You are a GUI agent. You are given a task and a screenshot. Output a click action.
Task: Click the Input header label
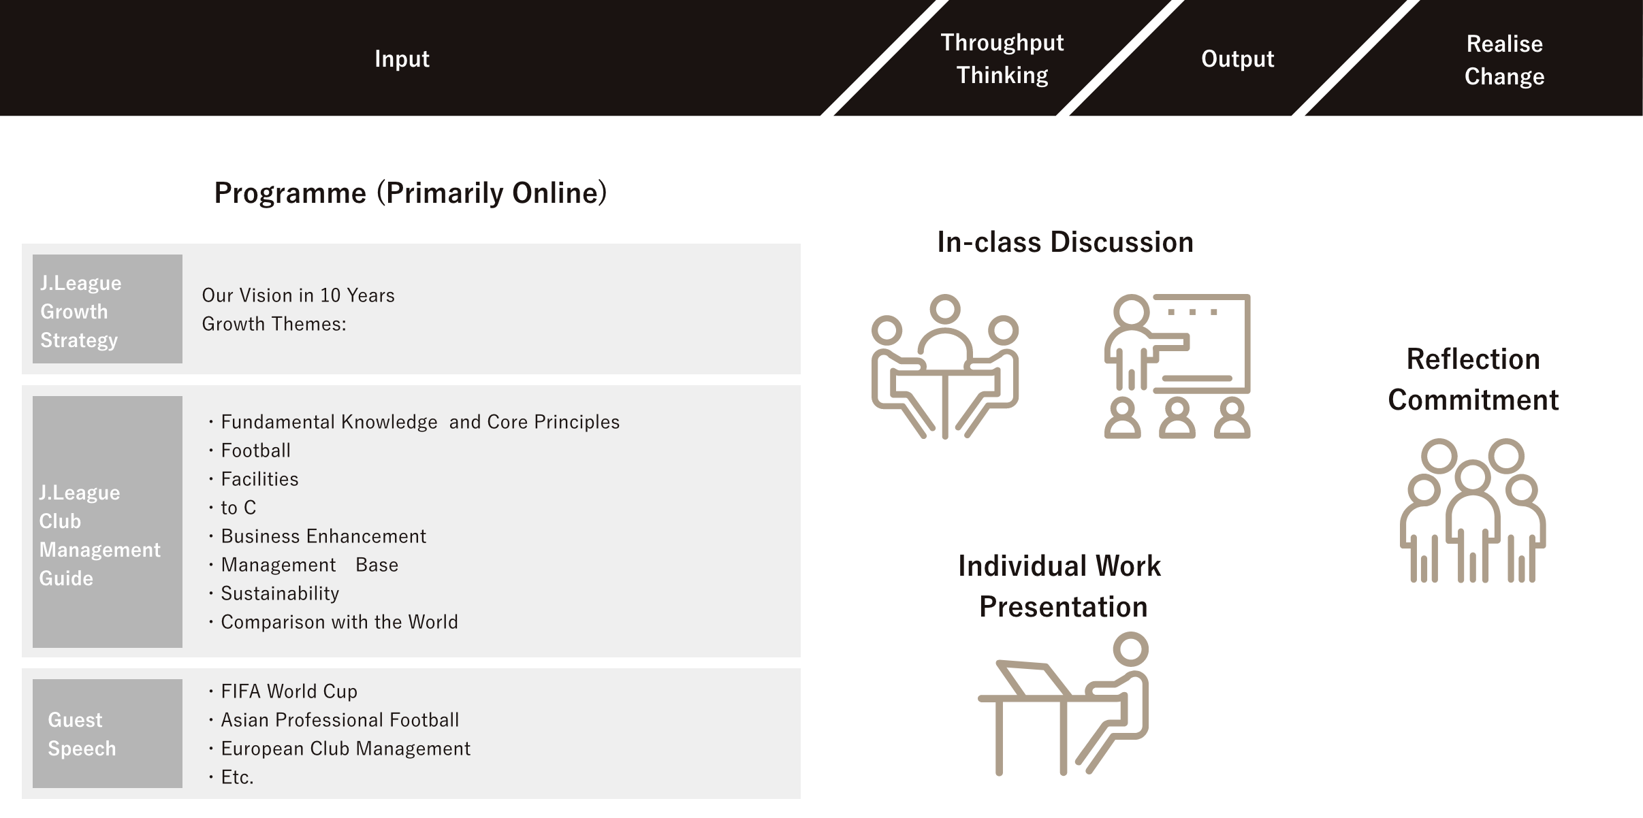point(402,59)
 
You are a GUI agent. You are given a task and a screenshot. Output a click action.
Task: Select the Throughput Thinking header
point(1002,59)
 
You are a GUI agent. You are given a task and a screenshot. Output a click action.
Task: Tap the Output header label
point(1237,59)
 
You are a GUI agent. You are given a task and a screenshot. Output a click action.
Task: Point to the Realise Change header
point(1504,60)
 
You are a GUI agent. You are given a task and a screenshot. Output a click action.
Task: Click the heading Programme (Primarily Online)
point(411,193)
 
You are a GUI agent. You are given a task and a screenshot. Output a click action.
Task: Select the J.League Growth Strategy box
point(108,309)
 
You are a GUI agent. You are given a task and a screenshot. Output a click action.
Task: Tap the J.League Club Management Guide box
point(108,522)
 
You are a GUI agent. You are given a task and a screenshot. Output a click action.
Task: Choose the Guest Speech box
point(108,734)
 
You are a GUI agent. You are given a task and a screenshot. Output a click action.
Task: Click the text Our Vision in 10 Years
point(298,295)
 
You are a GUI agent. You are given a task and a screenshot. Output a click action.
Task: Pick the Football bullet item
point(255,451)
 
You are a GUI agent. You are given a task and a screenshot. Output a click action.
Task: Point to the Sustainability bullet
point(280,593)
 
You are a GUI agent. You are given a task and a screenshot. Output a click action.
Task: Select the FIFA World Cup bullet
point(289,691)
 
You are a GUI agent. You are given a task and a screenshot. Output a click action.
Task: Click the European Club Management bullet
point(345,749)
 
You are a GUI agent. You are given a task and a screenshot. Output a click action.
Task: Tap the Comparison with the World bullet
point(339,622)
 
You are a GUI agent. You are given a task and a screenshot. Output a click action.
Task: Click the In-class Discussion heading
point(1065,242)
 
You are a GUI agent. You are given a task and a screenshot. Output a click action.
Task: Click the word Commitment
point(1473,400)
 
